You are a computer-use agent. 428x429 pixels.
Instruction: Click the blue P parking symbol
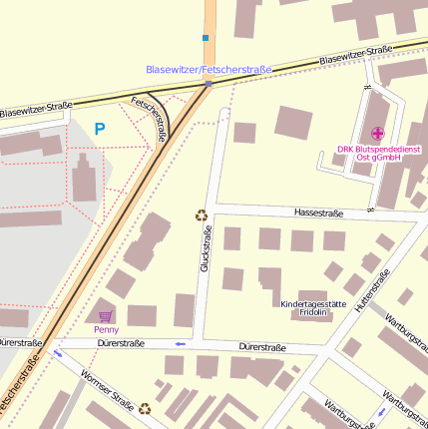100,129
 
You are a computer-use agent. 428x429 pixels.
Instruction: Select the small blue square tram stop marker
206,38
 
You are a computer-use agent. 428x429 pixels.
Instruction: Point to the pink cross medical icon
377,134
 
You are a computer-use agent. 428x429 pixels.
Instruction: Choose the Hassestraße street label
318,213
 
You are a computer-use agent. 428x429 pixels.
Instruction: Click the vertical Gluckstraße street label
206,249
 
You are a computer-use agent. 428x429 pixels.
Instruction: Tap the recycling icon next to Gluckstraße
201,214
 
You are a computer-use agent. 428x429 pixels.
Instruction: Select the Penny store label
106,328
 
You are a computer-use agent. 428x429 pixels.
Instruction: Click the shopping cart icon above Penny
106,315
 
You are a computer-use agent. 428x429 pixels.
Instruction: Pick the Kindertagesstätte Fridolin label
313,307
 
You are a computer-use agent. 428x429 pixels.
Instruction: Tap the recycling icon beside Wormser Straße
145,407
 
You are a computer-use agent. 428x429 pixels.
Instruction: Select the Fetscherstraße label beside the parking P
149,120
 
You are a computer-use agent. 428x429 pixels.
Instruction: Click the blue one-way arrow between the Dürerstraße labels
180,344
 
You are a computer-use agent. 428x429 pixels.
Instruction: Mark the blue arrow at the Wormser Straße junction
57,353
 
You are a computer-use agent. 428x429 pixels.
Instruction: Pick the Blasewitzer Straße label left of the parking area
36,112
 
